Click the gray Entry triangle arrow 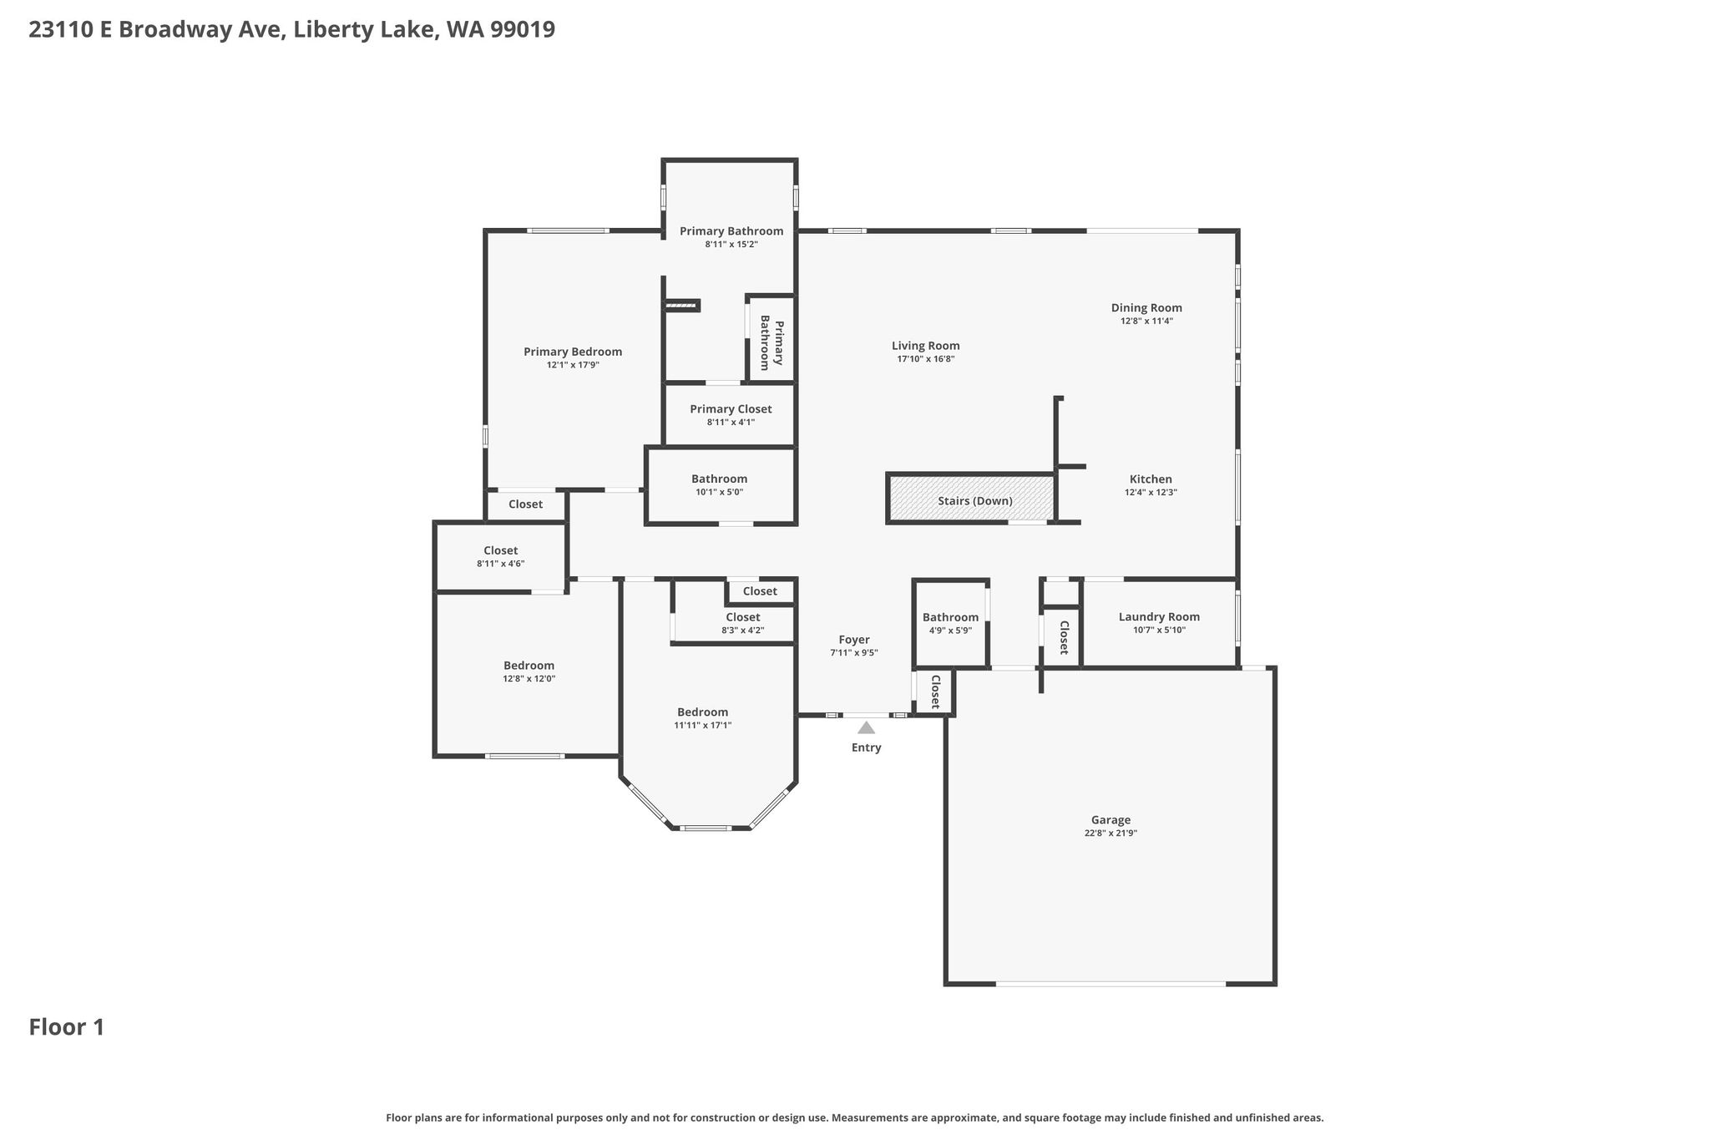(866, 727)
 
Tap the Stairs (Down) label (975, 501)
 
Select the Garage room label (1110, 820)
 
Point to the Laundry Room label (1159, 617)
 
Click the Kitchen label (1151, 479)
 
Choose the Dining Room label (1146, 308)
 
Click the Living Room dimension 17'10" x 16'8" (926, 359)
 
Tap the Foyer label (854, 640)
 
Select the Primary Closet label (731, 409)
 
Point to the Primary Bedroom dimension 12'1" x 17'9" (573, 365)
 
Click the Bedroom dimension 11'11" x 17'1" (703, 725)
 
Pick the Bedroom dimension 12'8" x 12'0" (529, 679)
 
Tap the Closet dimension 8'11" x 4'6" (500, 564)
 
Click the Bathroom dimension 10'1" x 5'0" (719, 492)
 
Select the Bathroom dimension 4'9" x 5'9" (950, 631)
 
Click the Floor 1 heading (67, 1027)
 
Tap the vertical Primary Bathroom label (771, 345)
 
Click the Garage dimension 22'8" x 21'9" (1110, 833)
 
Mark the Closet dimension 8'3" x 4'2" (742, 631)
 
